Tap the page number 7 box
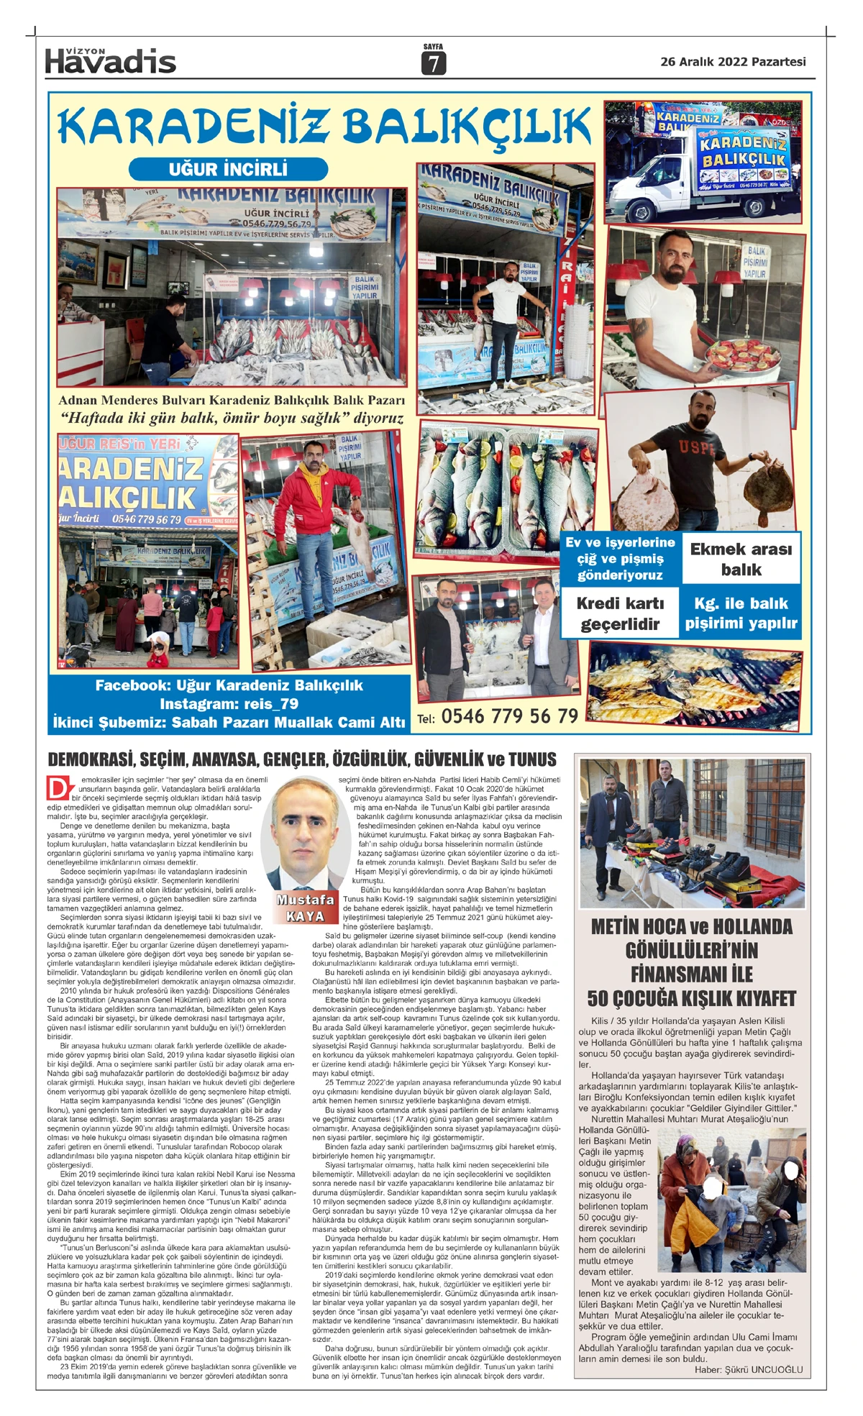pos(433,64)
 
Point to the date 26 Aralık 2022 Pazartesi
pos(733,62)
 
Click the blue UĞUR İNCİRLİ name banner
pos(228,169)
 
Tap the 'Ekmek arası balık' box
pos(741,559)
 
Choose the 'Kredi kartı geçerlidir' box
pos(620,613)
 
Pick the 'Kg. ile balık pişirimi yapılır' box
pos(741,613)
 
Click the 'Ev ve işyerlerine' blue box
pos(620,559)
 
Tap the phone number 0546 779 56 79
pos(509,716)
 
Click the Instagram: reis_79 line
pos(229,703)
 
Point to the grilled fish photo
pos(695,683)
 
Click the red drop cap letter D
pos(57,787)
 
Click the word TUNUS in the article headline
pos(532,759)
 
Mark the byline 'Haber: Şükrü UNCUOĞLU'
pos(748,1369)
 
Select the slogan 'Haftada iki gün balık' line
pos(232,418)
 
